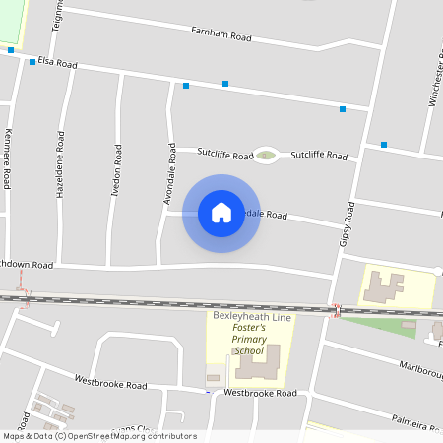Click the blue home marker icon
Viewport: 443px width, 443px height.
(221, 213)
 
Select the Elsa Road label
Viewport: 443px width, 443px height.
(57, 63)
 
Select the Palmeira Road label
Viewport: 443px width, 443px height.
(411, 422)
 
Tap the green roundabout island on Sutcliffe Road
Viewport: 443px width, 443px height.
(265, 155)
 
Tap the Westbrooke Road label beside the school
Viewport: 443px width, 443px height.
(260, 393)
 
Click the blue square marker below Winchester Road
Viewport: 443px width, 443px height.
(384, 145)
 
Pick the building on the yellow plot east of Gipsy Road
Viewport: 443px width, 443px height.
(382, 286)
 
